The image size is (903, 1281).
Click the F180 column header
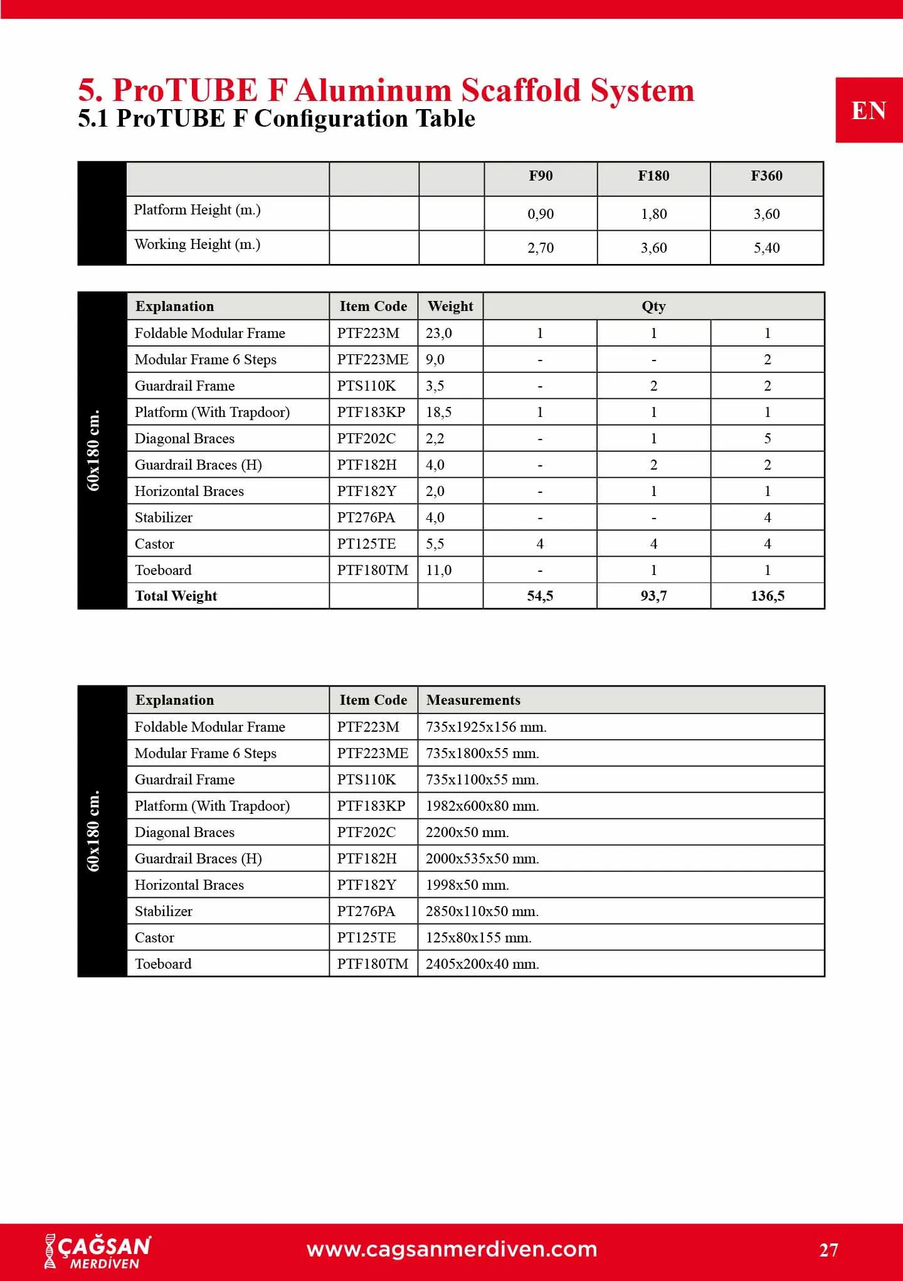click(653, 176)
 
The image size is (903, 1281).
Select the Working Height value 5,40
click(766, 248)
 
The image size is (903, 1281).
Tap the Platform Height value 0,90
click(541, 214)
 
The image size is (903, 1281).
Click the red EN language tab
click(869, 111)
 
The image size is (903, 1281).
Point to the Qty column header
click(653, 307)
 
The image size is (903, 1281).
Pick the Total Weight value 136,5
click(767, 596)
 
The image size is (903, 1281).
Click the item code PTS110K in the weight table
click(366, 386)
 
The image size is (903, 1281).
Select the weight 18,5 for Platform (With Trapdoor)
click(438, 413)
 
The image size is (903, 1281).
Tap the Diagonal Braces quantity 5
click(767, 439)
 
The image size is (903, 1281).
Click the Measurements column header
click(473, 700)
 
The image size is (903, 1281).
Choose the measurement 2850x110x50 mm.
click(482, 912)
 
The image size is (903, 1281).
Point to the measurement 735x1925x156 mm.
click(486, 727)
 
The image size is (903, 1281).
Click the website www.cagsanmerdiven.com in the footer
click(451, 1250)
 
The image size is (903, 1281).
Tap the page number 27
click(828, 1250)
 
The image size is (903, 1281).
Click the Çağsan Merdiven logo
click(98, 1252)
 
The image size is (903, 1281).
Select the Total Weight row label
click(176, 596)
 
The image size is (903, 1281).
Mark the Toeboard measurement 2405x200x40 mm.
click(482, 964)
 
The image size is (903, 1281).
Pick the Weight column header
click(450, 307)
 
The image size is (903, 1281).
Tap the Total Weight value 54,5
click(540, 596)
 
